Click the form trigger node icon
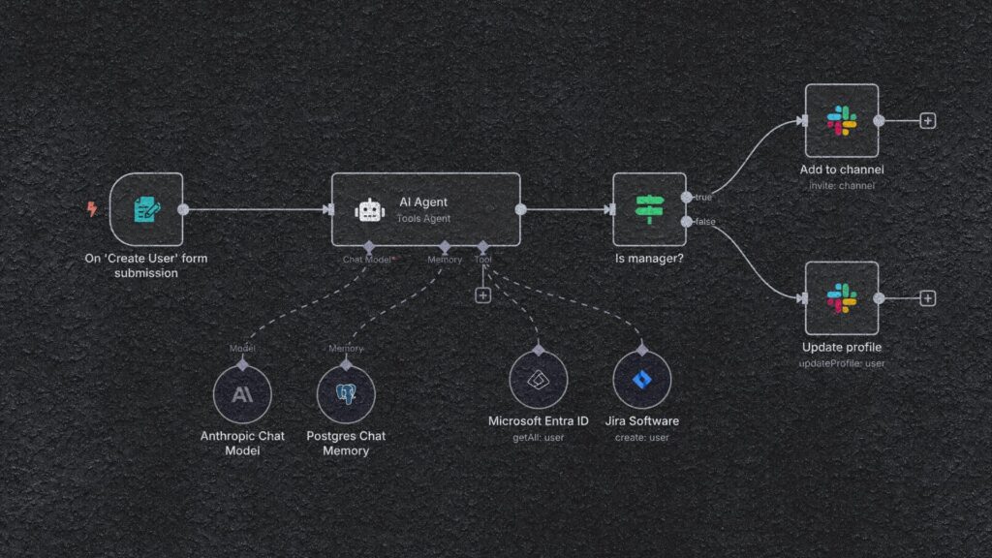[x=145, y=208]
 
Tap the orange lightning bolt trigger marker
[x=92, y=208]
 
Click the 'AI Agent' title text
[x=423, y=201]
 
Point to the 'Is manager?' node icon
[x=649, y=208]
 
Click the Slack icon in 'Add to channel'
[x=842, y=121]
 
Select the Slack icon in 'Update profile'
[x=842, y=298]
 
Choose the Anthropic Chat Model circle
[x=242, y=395]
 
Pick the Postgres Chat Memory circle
[x=346, y=395]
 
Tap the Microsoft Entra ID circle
[x=538, y=380]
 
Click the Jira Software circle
[x=641, y=380]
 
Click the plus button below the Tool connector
[x=482, y=294]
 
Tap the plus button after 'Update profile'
[x=927, y=298]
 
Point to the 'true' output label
[x=702, y=197]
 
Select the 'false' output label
[x=704, y=222]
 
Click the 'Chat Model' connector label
[x=366, y=259]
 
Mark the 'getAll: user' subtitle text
[x=538, y=438]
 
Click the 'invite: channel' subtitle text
[x=841, y=185]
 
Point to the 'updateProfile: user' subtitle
[x=841, y=363]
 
